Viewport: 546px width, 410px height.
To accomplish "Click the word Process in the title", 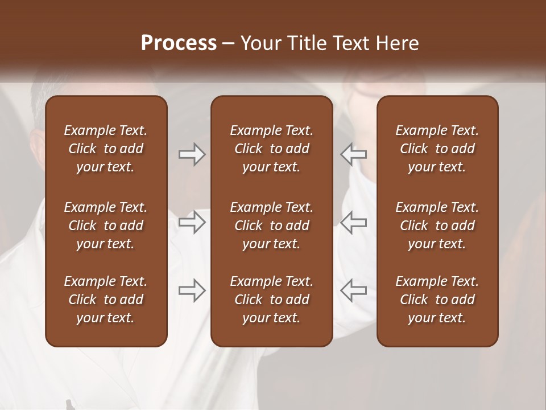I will pos(179,43).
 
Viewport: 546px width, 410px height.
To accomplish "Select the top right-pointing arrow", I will pos(192,154).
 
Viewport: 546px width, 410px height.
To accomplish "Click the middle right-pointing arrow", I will pos(192,222).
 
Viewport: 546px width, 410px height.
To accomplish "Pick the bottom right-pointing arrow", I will pos(192,290).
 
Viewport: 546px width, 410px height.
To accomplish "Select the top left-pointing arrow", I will pos(354,154).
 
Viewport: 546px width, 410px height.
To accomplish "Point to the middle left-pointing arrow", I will pos(354,222).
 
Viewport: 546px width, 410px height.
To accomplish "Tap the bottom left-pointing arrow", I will pos(354,290).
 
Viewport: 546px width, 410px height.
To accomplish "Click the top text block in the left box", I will pos(106,149).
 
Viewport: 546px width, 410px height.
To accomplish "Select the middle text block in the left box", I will pos(106,225).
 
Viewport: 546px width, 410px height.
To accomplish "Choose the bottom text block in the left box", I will pos(106,300).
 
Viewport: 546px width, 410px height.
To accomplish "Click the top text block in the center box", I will pos(272,149).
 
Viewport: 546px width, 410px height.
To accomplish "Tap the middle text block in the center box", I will pos(272,225).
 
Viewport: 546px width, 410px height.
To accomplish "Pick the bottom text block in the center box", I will pos(272,300).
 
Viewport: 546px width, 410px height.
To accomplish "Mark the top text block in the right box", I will pos(437,149).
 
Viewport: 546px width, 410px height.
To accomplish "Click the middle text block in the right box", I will pos(437,225).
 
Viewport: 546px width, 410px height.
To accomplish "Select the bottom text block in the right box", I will pos(437,300).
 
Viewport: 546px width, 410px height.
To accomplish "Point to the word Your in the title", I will pos(259,43).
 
